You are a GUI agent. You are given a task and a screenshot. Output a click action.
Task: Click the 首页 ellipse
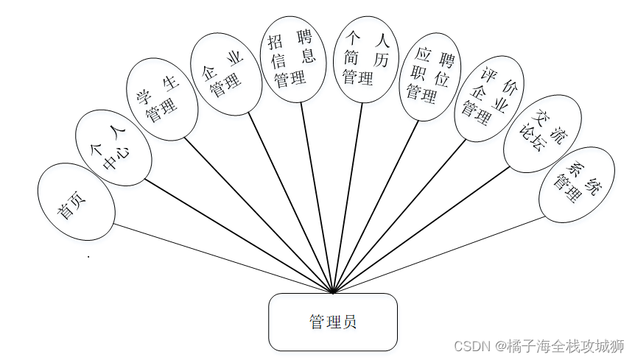(x=76, y=202)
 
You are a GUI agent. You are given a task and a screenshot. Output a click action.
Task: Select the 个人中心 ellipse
(x=113, y=147)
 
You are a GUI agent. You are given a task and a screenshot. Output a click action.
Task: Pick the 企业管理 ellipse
(x=225, y=74)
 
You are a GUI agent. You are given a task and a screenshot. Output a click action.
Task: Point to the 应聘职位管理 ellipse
(x=428, y=76)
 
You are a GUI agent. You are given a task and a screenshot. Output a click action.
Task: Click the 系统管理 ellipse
(x=577, y=185)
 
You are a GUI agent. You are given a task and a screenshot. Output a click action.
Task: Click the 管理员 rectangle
(x=333, y=322)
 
